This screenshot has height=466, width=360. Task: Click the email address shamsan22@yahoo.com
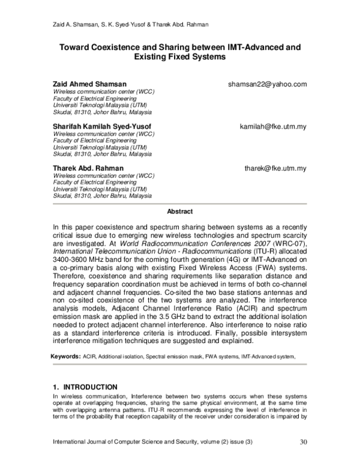pos(267,84)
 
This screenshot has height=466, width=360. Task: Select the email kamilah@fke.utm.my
pos(273,126)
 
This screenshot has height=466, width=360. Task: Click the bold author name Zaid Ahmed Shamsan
pos(90,84)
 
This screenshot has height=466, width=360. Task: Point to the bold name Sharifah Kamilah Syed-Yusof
pos(102,126)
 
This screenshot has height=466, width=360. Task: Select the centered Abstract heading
pos(179,211)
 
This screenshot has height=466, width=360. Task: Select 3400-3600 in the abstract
pos(72,261)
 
